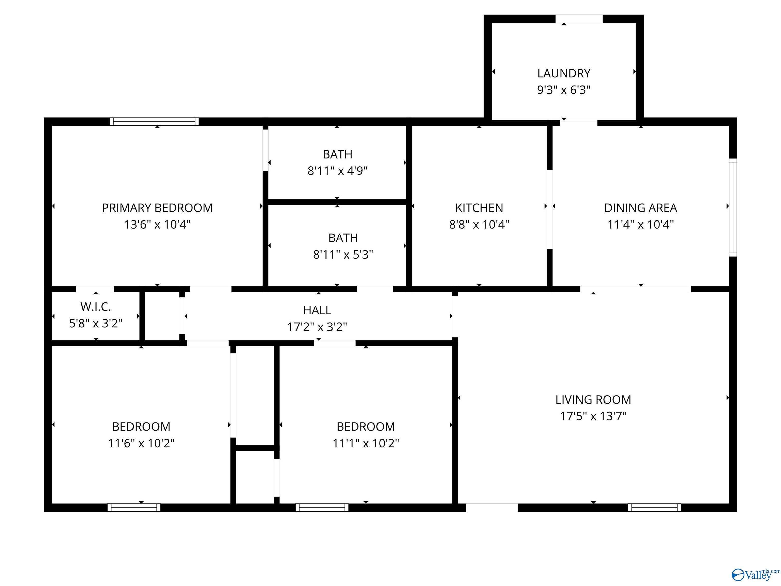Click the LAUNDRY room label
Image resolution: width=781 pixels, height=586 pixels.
coord(564,74)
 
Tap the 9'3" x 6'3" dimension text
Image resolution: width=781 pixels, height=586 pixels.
coord(564,90)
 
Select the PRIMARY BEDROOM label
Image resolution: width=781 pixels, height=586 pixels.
coord(157,208)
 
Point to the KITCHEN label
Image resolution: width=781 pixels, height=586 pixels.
coord(479,208)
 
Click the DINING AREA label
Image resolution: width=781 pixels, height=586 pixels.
coord(641,208)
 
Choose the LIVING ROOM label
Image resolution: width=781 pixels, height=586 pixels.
coord(593,400)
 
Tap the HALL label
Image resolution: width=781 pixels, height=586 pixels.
coord(317,310)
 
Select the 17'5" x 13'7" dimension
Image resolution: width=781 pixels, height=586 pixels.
coord(593,416)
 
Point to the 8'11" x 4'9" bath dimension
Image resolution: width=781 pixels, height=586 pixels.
coord(338,171)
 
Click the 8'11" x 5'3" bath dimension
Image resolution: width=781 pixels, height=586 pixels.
coord(343,255)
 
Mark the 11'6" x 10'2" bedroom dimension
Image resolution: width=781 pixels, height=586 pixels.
coord(141,443)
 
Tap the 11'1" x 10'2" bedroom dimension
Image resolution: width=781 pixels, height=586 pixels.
coord(366,443)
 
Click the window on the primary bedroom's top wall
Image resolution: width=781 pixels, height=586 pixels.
coord(154,122)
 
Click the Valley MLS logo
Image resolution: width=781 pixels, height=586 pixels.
coord(756,575)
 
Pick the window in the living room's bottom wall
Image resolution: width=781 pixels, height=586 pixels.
coord(655,508)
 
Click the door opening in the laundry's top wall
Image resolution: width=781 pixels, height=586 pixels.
coord(579,19)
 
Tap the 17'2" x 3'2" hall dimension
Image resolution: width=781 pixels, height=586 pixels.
coord(317,327)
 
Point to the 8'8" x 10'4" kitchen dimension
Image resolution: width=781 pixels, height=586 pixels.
coord(479,224)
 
